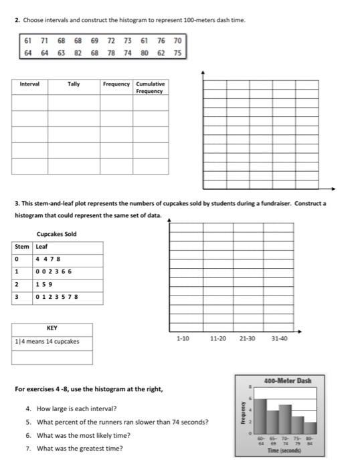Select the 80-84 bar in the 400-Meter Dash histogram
click(309, 427)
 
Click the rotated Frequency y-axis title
click(244, 414)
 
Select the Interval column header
click(29, 84)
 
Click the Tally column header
click(73, 84)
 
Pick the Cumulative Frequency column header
click(149, 87)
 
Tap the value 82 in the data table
click(78, 51)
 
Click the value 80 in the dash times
click(144, 51)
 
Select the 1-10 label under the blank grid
click(183, 339)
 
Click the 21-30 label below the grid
click(247, 339)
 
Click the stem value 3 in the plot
click(17, 297)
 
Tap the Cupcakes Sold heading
click(56, 234)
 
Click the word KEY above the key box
click(52, 328)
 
